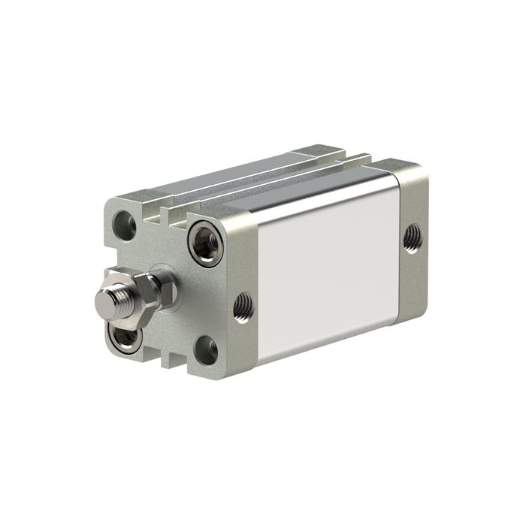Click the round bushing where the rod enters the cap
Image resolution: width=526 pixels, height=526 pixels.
point(167,288)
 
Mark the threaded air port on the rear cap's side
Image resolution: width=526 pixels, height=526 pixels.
point(410,239)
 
